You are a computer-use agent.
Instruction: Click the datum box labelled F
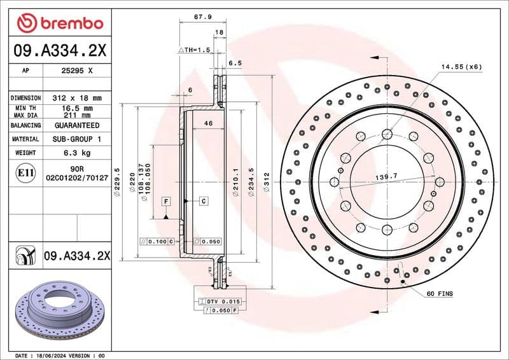pyautogui.click(x=165, y=201)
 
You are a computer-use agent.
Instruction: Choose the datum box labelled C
pyautogui.click(x=204, y=201)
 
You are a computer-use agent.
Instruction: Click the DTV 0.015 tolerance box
pyautogui.click(x=221, y=301)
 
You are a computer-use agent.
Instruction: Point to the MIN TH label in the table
pyautogui.click(x=26, y=109)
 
